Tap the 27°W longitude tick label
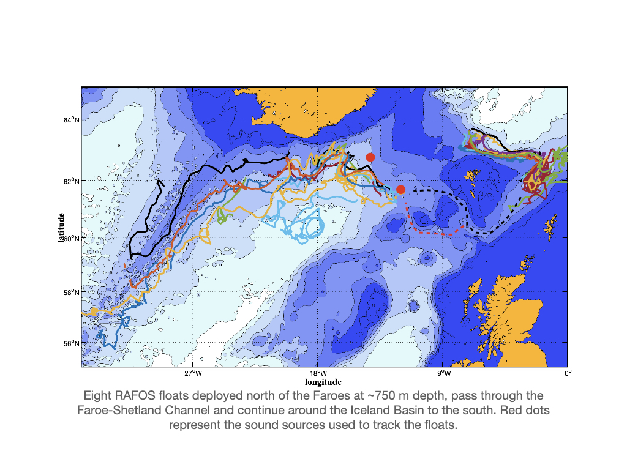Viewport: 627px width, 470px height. point(193,373)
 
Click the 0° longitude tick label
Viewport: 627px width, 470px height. point(568,373)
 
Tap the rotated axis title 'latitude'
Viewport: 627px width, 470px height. point(61,228)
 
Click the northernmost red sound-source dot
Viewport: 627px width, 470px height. point(370,157)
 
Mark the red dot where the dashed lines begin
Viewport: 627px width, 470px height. point(400,190)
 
